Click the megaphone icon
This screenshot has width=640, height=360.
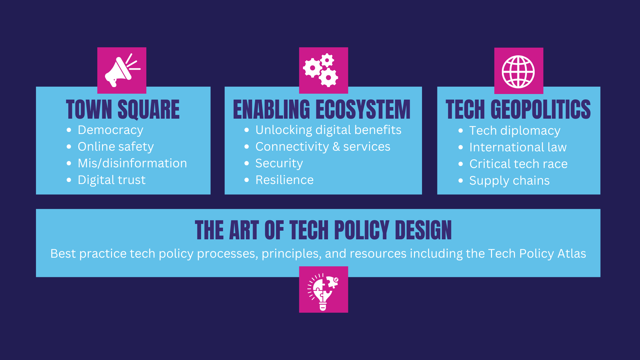[x=122, y=70]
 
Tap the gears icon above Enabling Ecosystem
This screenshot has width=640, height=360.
[x=320, y=70]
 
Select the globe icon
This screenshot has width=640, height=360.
[x=518, y=72]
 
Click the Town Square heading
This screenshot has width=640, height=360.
[x=123, y=109]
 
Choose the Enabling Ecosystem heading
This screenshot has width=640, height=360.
[x=322, y=109]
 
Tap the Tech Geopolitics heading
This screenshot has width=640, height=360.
[x=518, y=109]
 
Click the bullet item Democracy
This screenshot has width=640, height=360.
[x=110, y=130]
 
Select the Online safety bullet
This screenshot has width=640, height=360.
[x=116, y=147]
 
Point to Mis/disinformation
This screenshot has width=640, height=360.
[x=132, y=163]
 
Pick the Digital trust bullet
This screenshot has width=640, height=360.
[x=112, y=180]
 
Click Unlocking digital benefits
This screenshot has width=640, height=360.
[x=328, y=130]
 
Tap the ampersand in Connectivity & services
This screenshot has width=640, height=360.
[x=336, y=147]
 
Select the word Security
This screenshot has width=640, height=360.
[x=279, y=163]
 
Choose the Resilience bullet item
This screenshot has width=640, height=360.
[x=284, y=180]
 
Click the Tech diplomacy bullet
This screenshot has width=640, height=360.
[x=515, y=131]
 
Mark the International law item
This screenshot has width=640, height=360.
[x=518, y=147]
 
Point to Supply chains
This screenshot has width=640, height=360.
[x=509, y=181]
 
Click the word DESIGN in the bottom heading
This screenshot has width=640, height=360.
[x=423, y=230]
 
